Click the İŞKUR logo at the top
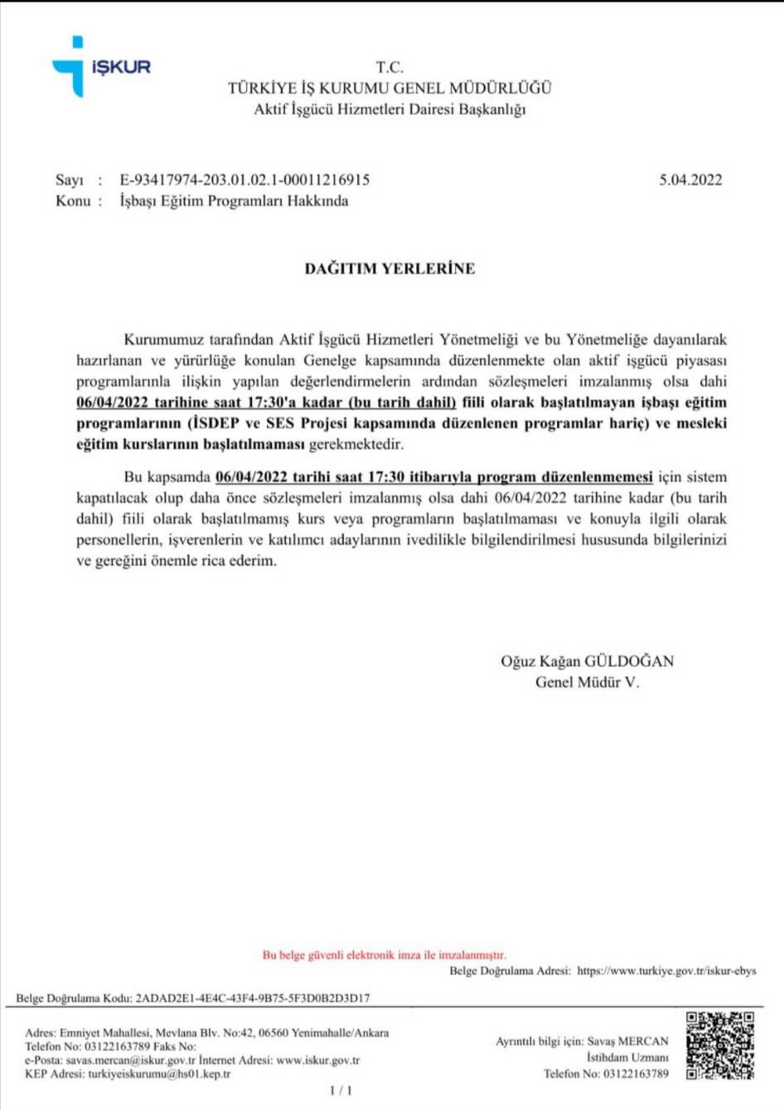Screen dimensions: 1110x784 (101, 66)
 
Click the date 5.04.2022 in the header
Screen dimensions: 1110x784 (690, 180)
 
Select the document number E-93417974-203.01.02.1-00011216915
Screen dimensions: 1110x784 (244, 180)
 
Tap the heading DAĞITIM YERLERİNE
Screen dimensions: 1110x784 (390, 268)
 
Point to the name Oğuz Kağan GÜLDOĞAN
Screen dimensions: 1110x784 (587, 661)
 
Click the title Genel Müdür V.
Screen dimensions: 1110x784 (587, 683)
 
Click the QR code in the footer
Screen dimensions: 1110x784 (720, 1045)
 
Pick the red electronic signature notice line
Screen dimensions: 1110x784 (385, 955)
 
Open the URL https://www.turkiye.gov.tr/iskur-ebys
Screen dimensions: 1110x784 (666, 971)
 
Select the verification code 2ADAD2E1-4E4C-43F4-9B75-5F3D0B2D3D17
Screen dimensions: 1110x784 (253, 998)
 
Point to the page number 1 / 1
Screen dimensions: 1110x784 (341, 1090)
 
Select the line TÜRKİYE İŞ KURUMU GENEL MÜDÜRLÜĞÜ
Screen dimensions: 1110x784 (390, 88)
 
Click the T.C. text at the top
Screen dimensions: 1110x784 (390, 68)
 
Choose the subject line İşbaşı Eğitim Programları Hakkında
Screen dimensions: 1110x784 (234, 200)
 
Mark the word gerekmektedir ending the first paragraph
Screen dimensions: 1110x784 (356, 445)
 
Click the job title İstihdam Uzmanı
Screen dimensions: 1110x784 (627, 1057)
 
